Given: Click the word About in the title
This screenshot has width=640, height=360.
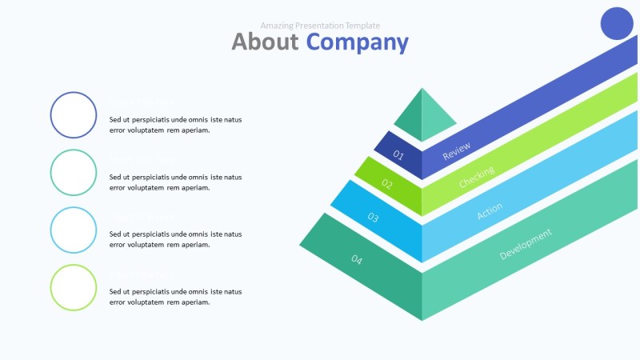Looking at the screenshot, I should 265,42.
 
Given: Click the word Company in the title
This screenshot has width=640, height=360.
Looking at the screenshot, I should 357,42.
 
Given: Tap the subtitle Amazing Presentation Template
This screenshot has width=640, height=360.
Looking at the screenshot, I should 320,26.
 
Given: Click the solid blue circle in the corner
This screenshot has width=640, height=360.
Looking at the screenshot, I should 617,23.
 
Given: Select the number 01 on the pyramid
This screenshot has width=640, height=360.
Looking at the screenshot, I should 398,155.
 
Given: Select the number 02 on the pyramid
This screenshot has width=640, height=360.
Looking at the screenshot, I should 387,184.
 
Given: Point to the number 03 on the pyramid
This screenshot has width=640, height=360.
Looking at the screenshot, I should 373,216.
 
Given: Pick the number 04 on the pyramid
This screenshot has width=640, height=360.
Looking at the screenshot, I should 357,259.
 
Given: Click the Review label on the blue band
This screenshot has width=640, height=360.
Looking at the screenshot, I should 457,151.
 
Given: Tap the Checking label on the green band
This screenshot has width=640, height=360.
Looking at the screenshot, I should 477,178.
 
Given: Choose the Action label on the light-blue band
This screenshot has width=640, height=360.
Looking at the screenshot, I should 490,211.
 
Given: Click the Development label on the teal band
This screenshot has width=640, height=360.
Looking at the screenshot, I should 526,244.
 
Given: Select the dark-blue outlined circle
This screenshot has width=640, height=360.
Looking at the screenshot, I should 74,115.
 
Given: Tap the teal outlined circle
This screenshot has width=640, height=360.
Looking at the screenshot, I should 74,173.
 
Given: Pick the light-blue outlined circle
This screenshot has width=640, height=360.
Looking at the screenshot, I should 74,230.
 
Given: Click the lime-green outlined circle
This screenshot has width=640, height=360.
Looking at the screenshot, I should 74,288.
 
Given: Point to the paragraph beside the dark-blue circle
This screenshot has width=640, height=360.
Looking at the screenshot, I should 175,125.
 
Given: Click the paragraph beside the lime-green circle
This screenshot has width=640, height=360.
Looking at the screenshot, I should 175,297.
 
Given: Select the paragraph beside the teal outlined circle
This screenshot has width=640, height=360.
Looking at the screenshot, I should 175,182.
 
